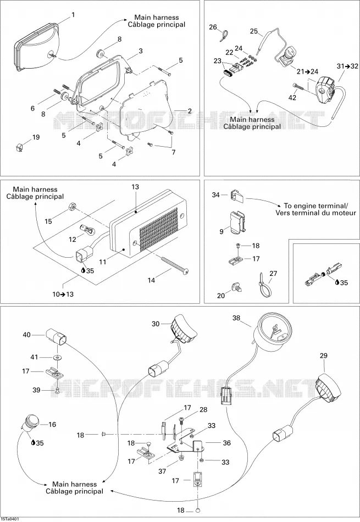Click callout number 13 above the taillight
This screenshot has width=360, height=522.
(135, 187)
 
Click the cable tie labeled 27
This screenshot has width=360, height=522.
(265, 284)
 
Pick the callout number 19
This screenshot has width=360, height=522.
(35, 137)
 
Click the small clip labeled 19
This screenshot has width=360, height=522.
(20, 146)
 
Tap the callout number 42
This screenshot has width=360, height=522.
(292, 98)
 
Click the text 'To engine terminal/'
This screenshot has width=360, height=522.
(315, 206)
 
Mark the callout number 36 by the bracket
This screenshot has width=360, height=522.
(227, 443)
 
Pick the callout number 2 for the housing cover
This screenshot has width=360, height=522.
(190, 111)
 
